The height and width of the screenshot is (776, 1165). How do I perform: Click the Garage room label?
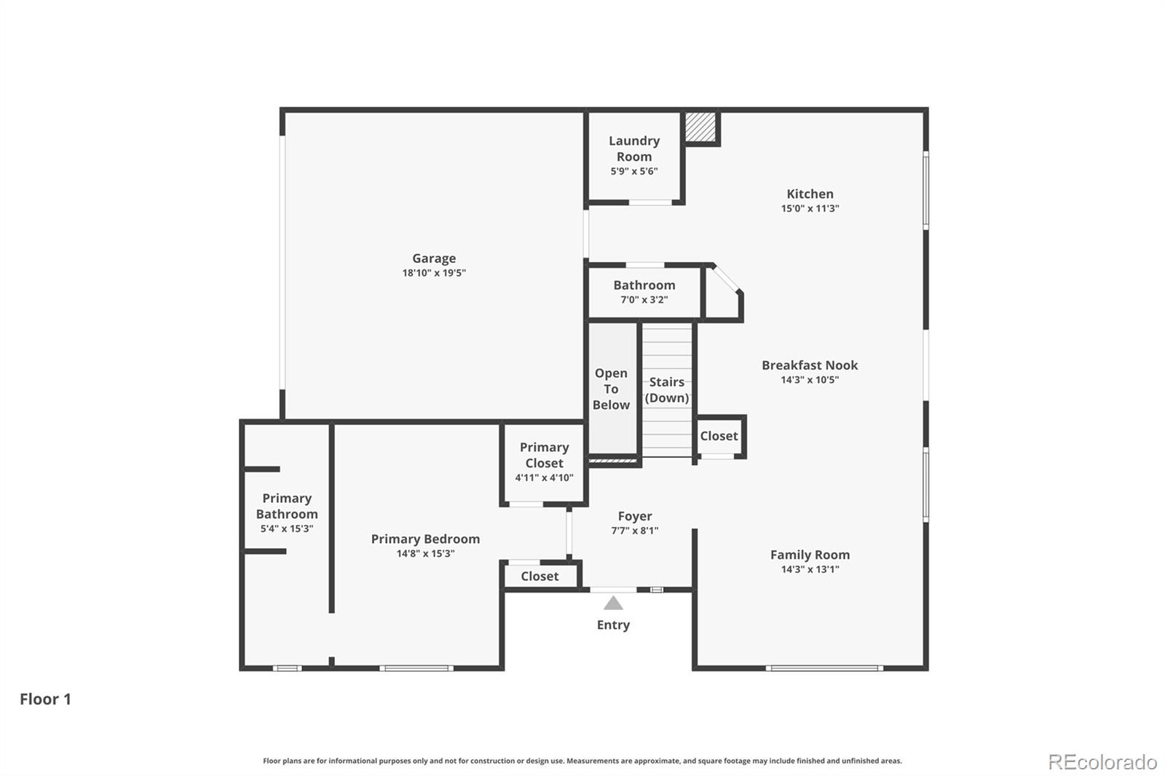tap(434, 258)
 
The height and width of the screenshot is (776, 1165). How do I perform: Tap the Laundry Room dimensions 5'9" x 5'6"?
tap(634, 172)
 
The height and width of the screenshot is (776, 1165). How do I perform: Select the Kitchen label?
tap(810, 194)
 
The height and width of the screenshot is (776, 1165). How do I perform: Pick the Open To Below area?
tap(611, 389)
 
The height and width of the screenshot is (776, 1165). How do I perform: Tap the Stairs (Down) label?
tap(667, 389)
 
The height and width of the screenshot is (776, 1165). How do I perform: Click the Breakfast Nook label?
tap(810, 365)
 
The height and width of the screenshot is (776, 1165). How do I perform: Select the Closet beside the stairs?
tap(719, 436)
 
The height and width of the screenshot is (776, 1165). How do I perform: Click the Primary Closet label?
tap(544, 455)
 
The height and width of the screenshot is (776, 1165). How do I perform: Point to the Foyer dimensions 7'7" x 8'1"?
tap(635, 531)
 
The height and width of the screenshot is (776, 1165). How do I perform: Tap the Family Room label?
tap(810, 555)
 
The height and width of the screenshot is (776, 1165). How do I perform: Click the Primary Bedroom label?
tap(425, 539)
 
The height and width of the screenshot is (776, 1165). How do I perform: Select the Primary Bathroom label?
tap(287, 506)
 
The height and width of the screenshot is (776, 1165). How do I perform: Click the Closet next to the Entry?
tap(540, 577)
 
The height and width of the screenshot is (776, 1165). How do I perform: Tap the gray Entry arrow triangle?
tap(613, 603)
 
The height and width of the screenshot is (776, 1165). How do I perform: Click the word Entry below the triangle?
tap(613, 625)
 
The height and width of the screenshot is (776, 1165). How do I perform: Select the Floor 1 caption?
tap(45, 700)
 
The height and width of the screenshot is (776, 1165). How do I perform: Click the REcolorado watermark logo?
tap(1102, 762)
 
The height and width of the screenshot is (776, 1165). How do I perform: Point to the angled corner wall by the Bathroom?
tap(726, 280)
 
